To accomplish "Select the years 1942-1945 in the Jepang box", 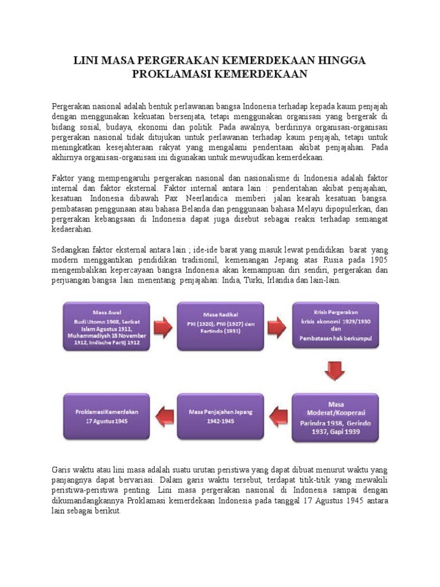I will tap(220, 421).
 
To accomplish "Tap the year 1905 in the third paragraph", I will tap(378, 260).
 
